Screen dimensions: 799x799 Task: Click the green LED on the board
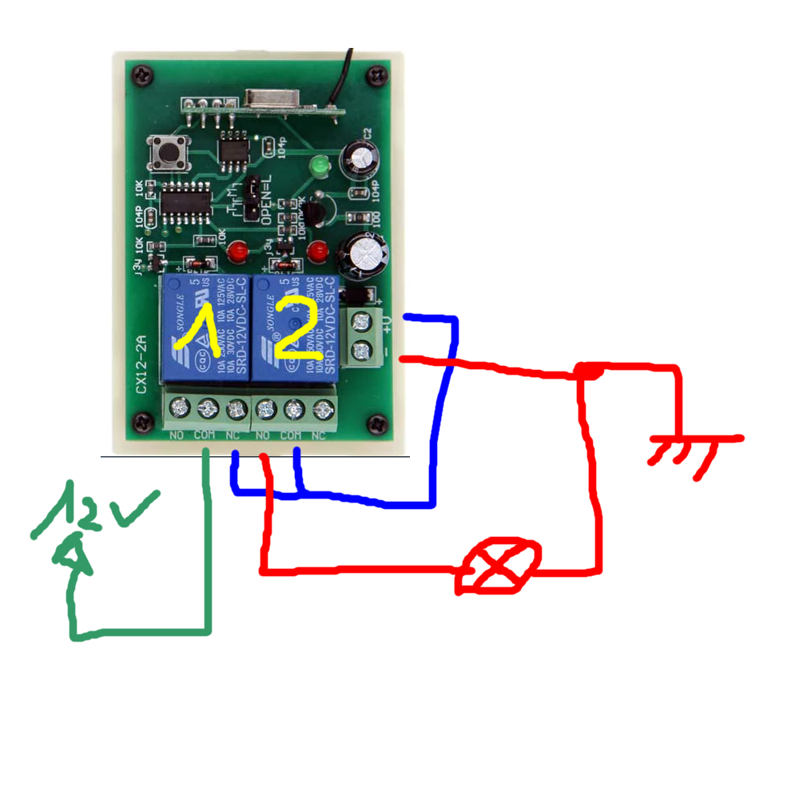tap(319, 167)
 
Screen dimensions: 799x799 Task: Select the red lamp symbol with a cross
tap(499, 566)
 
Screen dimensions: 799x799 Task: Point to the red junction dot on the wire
tap(590, 372)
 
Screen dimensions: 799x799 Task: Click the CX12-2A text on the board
tap(141, 364)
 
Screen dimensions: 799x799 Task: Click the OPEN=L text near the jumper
tap(268, 201)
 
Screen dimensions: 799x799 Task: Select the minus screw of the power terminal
tap(368, 349)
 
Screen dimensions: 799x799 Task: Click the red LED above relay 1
tap(237, 253)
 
